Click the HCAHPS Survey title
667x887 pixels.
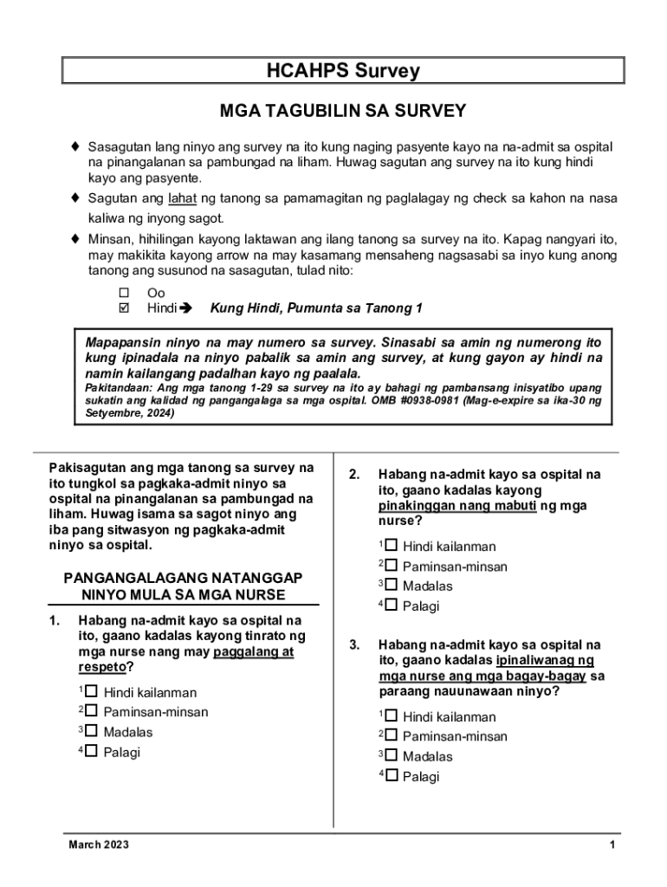342,71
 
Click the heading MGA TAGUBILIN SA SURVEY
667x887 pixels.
342,111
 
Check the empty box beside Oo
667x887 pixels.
122,293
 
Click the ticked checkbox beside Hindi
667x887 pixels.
122,308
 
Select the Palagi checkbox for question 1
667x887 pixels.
91,751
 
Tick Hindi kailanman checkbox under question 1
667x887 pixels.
91,691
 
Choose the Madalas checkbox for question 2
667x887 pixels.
391,585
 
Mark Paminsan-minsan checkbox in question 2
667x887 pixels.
391,566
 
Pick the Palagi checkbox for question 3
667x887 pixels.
391,775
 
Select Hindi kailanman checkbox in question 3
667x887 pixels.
391,715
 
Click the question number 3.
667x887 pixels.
353,645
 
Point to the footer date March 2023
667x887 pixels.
99,845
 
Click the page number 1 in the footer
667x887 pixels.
612,845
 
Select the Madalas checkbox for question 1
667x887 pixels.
91,731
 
